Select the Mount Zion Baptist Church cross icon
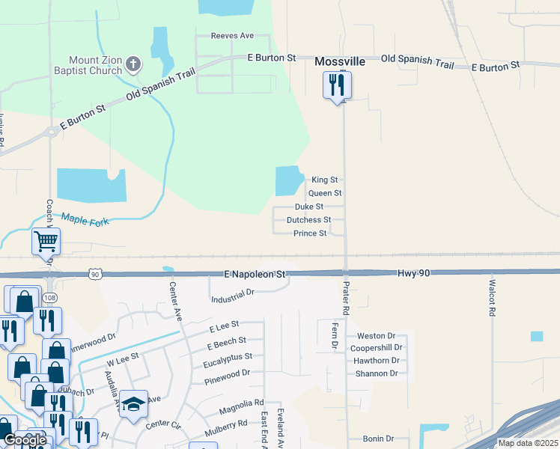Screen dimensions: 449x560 tap(133, 64)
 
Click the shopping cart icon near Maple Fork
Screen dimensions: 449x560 tap(46, 242)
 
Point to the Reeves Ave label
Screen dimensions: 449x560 tap(232, 35)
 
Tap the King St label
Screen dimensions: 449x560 tap(324, 180)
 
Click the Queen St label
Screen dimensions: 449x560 tap(324, 193)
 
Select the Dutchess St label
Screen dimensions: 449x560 tap(308, 220)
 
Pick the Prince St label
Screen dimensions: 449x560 tap(309, 233)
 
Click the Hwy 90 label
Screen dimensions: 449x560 tap(414, 274)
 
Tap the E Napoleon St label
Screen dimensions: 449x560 tap(255, 275)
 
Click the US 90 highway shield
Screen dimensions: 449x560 tap(94, 275)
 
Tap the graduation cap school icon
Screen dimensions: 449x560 tap(133, 404)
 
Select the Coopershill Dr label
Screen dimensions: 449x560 tap(377, 348)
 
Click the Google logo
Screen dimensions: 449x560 tap(25, 440)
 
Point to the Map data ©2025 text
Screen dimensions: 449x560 tap(527, 443)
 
